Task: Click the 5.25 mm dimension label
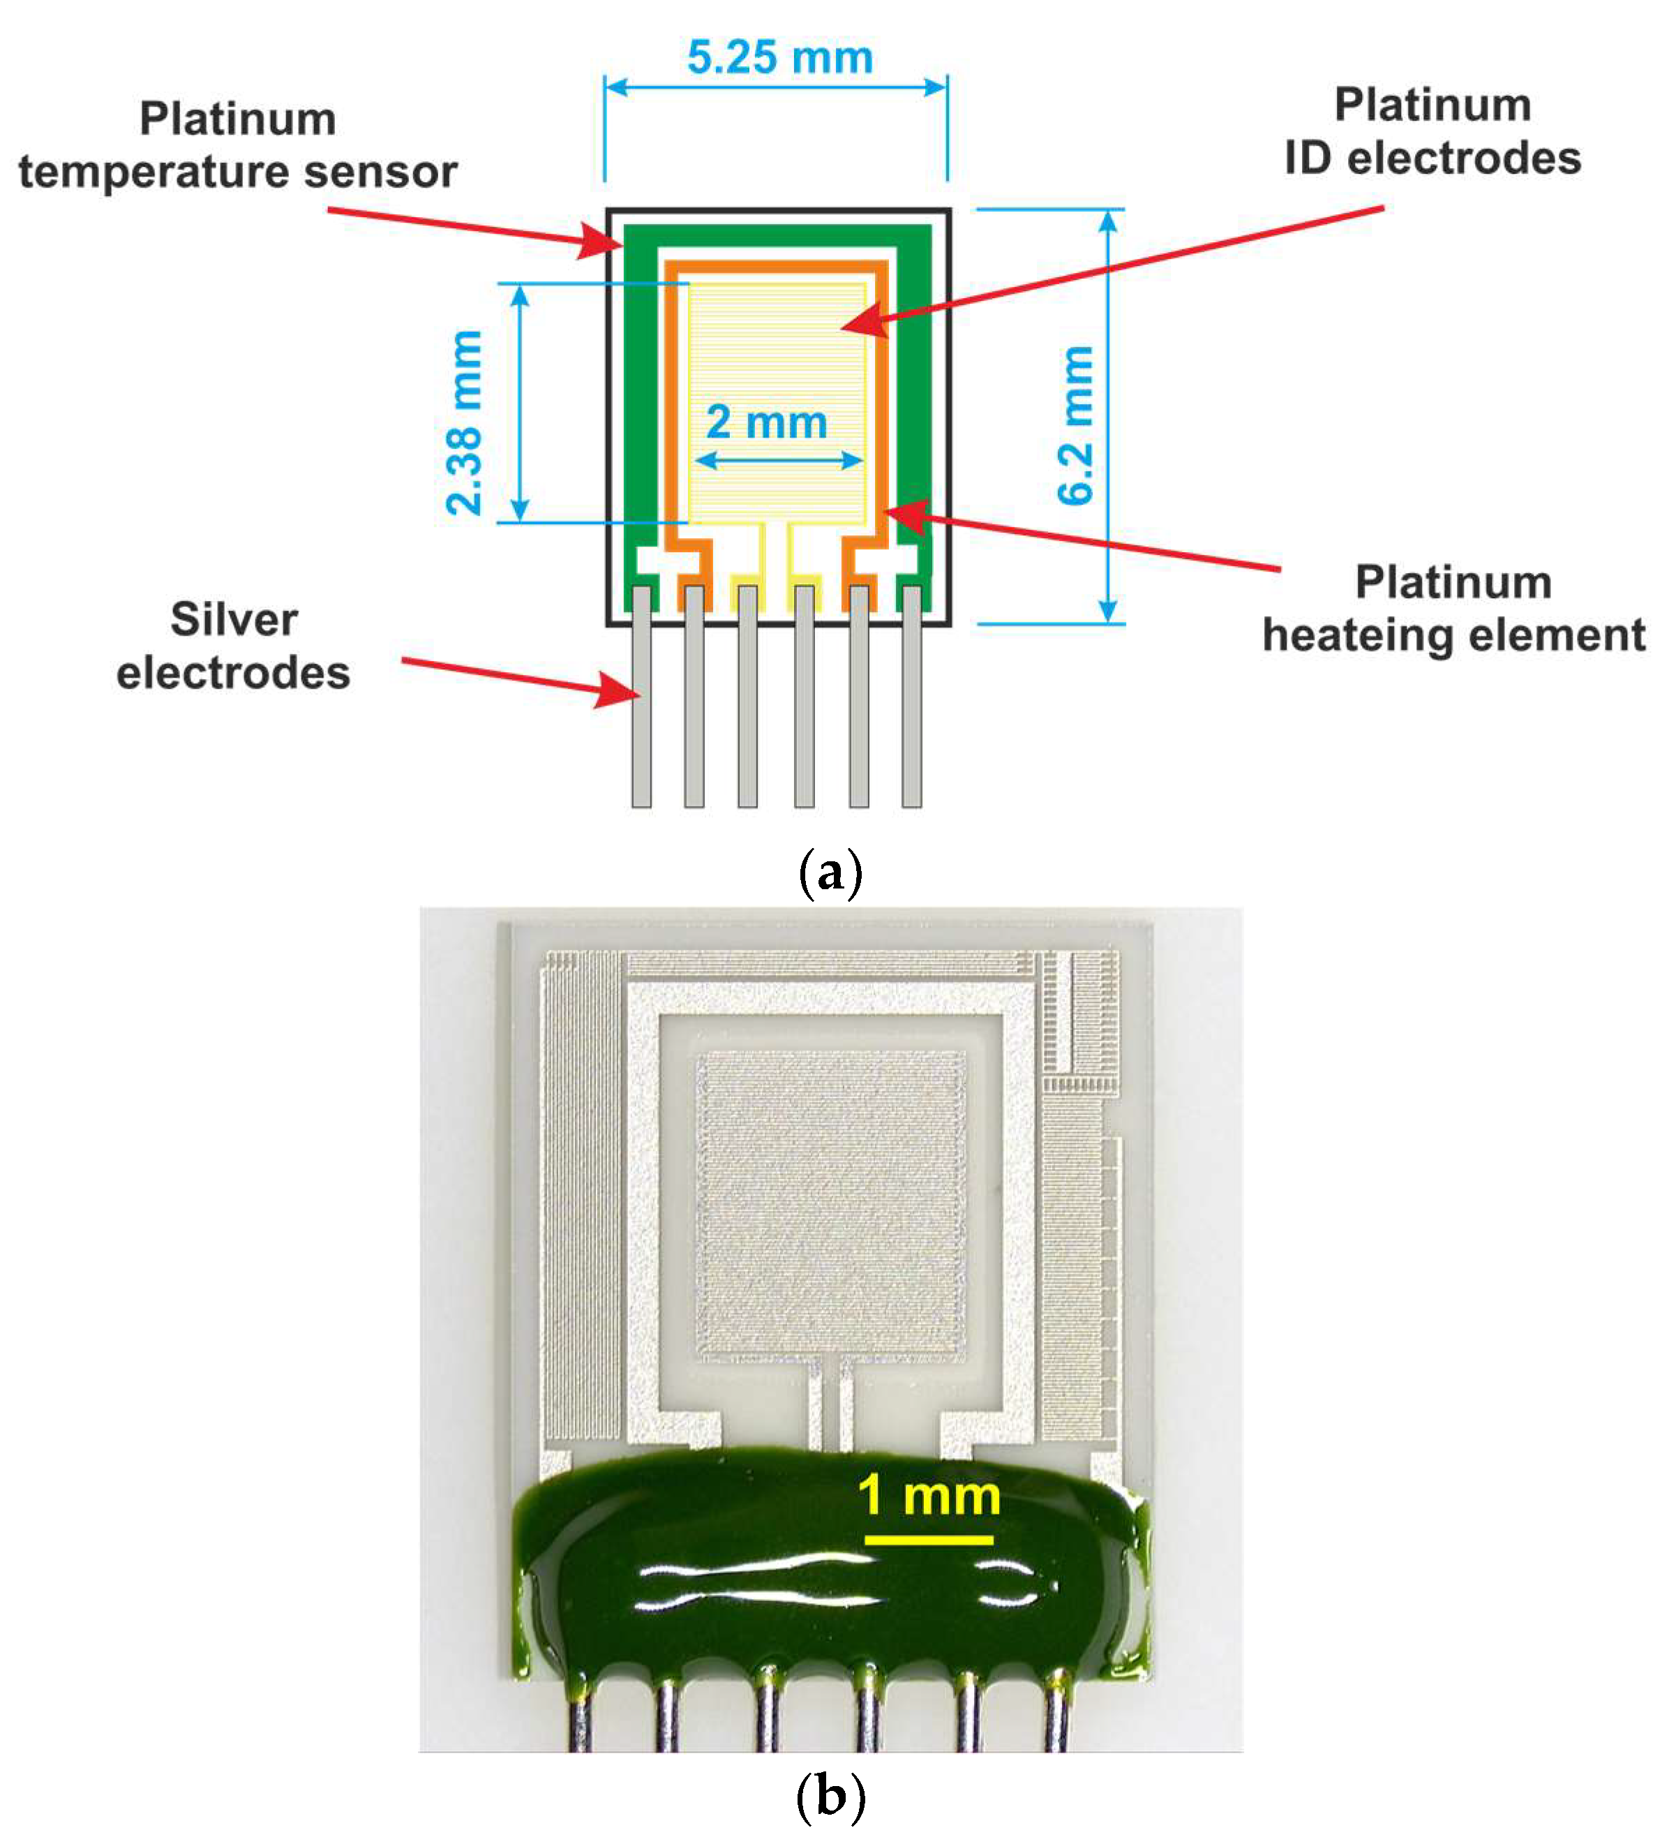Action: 780,57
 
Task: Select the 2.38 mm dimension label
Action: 464,422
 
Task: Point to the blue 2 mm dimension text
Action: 766,422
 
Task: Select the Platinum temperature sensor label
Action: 237,146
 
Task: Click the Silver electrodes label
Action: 234,646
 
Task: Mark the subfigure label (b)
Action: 829,1797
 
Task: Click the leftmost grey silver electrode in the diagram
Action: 641,698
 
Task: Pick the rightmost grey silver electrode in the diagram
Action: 911,698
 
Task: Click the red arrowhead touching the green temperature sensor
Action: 602,241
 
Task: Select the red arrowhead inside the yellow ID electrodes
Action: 862,321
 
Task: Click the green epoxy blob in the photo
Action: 821,1588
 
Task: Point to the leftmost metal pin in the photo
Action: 580,1720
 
